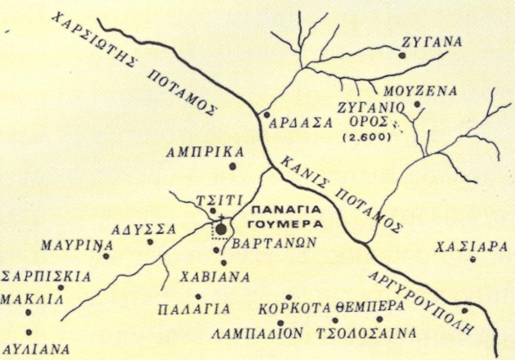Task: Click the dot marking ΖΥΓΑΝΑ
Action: point(402,55)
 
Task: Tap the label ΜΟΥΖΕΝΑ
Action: point(421,91)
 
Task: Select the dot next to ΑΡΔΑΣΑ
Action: point(267,114)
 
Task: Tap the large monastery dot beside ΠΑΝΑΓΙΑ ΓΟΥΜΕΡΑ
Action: point(221,230)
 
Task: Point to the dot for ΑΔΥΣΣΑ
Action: point(150,241)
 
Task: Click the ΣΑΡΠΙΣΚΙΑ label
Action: point(46,277)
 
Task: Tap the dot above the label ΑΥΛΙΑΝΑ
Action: point(29,332)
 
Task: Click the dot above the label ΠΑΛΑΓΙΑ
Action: point(198,296)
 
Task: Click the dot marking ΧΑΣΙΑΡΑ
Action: point(472,259)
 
